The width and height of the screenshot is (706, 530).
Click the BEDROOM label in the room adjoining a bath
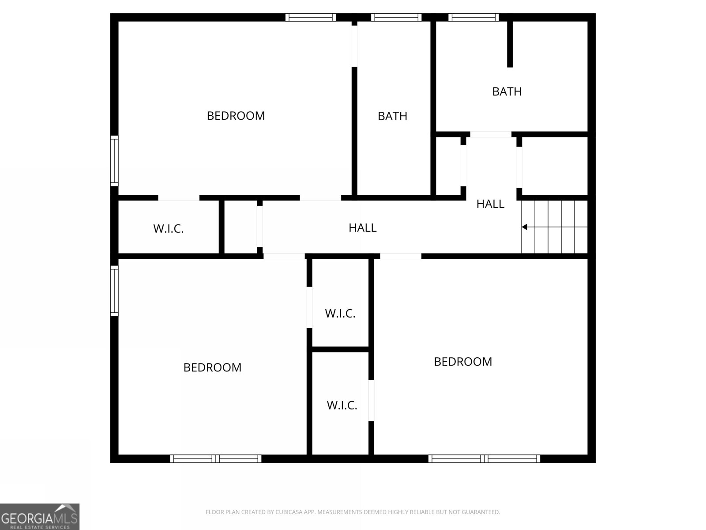pos(236,116)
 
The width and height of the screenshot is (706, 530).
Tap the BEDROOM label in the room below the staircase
pos(463,362)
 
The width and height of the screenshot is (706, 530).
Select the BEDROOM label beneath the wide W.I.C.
pos(212,367)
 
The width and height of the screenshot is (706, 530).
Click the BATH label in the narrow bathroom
pos(392,116)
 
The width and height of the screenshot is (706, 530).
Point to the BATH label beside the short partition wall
pos(507,91)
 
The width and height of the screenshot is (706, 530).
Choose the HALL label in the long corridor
pos(362,228)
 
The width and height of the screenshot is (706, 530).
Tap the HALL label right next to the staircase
pos(490,204)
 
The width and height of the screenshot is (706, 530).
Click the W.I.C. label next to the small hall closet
pos(169,229)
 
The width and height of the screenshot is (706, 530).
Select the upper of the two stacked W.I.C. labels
pos(340,314)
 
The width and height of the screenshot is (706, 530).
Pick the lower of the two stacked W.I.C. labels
pos(342,405)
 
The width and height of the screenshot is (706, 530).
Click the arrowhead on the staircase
pos(525,227)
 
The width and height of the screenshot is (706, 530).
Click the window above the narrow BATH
pos(396,18)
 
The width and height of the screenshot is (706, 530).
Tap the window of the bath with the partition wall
pos(474,18)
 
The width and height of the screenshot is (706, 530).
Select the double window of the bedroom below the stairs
pos(484,458)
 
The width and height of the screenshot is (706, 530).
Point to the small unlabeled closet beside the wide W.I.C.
pos(240,227)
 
